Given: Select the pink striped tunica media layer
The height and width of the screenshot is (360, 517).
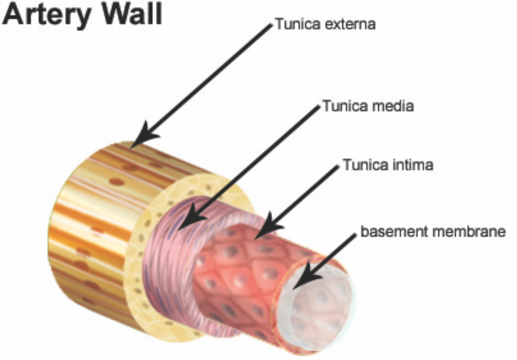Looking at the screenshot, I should point(168,255).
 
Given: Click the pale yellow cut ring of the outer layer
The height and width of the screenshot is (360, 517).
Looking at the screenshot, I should point(136,273).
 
